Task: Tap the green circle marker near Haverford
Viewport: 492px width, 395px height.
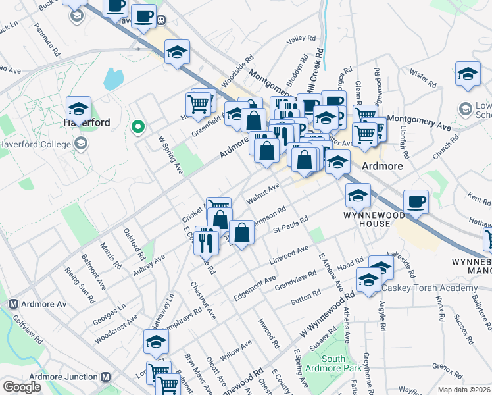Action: [138, 126]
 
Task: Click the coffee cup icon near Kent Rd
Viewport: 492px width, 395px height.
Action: [414, 201]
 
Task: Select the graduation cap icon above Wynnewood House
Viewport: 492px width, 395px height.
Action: [358, 194]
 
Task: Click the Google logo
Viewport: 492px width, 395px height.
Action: [22, 387]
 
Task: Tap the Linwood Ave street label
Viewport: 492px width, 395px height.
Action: [289, 256]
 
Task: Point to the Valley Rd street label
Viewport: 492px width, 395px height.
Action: [302, 39]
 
